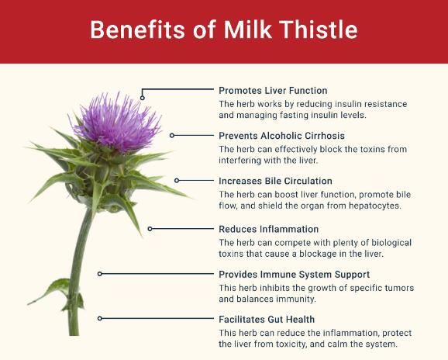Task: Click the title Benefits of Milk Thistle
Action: tap(223, 29)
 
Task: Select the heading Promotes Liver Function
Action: tap(273, 91)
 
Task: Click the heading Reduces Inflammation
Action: tap(268, 230)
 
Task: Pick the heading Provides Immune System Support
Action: tap(294, 275)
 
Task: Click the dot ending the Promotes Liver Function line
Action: tap(143, 97)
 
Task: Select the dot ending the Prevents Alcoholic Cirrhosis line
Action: tap(172, 136)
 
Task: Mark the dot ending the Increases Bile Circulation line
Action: tap(177, 180)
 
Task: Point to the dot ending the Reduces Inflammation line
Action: tap(150, 229)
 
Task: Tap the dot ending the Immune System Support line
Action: tap(99, 274)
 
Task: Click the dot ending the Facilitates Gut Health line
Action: tap(99, 319)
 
